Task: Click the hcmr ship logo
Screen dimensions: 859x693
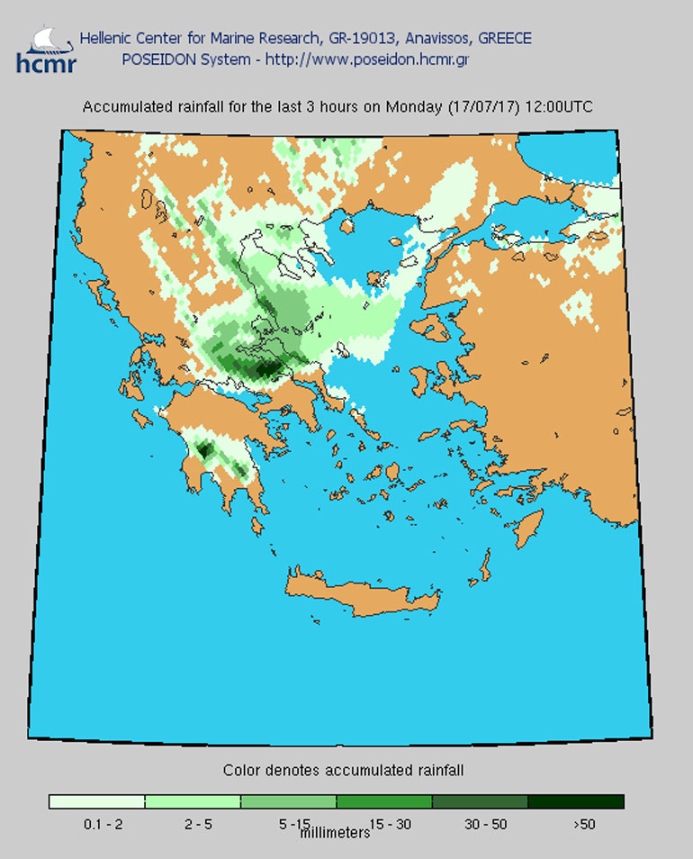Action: (x=46, y=50)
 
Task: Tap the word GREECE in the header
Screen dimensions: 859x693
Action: (x=504, y=39)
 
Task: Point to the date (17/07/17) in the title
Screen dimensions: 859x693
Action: (x=479, y=106)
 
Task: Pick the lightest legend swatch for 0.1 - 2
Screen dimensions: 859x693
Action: (x=96, y=801)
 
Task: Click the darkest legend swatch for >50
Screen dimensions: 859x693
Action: (x=575, y=801)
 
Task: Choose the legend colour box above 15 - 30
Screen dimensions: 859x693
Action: (x=383, y=801)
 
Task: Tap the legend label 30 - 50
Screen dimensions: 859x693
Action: (x=480, y=823)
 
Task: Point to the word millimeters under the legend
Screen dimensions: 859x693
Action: (x=334, y=833)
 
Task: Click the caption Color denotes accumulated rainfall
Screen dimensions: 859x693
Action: (x=343, y=771)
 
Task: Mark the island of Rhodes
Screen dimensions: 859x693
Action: (x=528, y=527)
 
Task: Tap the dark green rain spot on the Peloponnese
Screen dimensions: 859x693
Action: (x=204, y=448)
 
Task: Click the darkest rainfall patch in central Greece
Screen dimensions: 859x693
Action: (x=265, y=367)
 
